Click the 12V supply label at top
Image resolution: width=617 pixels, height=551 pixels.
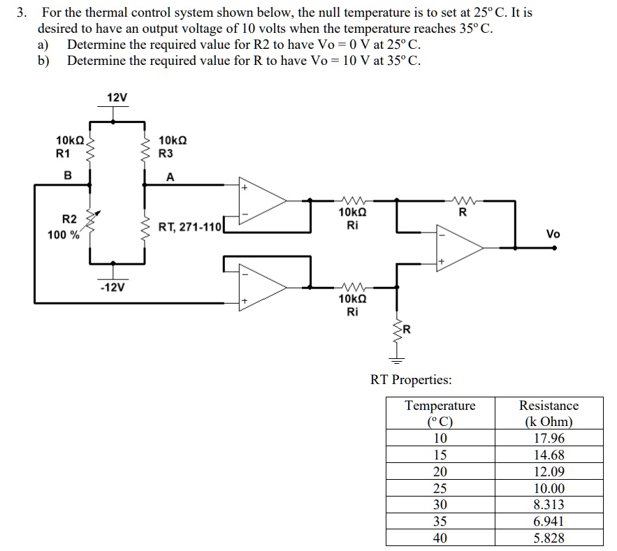coord(117,97)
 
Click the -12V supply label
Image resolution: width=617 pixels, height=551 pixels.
coord(112,287)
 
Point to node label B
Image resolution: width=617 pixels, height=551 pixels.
coord(68,175)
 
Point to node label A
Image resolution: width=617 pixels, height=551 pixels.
coord(170,177)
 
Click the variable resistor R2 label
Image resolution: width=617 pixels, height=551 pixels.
coord(68,220)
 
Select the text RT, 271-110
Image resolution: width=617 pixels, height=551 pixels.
coord(189,226)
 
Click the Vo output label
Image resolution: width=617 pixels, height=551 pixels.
coord(553,234)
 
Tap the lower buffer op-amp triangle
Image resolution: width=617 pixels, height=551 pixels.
coord(261,287)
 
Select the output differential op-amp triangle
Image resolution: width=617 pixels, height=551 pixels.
coord(457,247)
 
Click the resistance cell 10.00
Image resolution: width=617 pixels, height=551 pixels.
coord(549,488)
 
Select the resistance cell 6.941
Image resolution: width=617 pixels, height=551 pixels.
coord(549,521)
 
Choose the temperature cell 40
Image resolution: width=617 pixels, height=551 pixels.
coord(440,538)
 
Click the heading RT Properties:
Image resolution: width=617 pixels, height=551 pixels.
coord(411,380)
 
